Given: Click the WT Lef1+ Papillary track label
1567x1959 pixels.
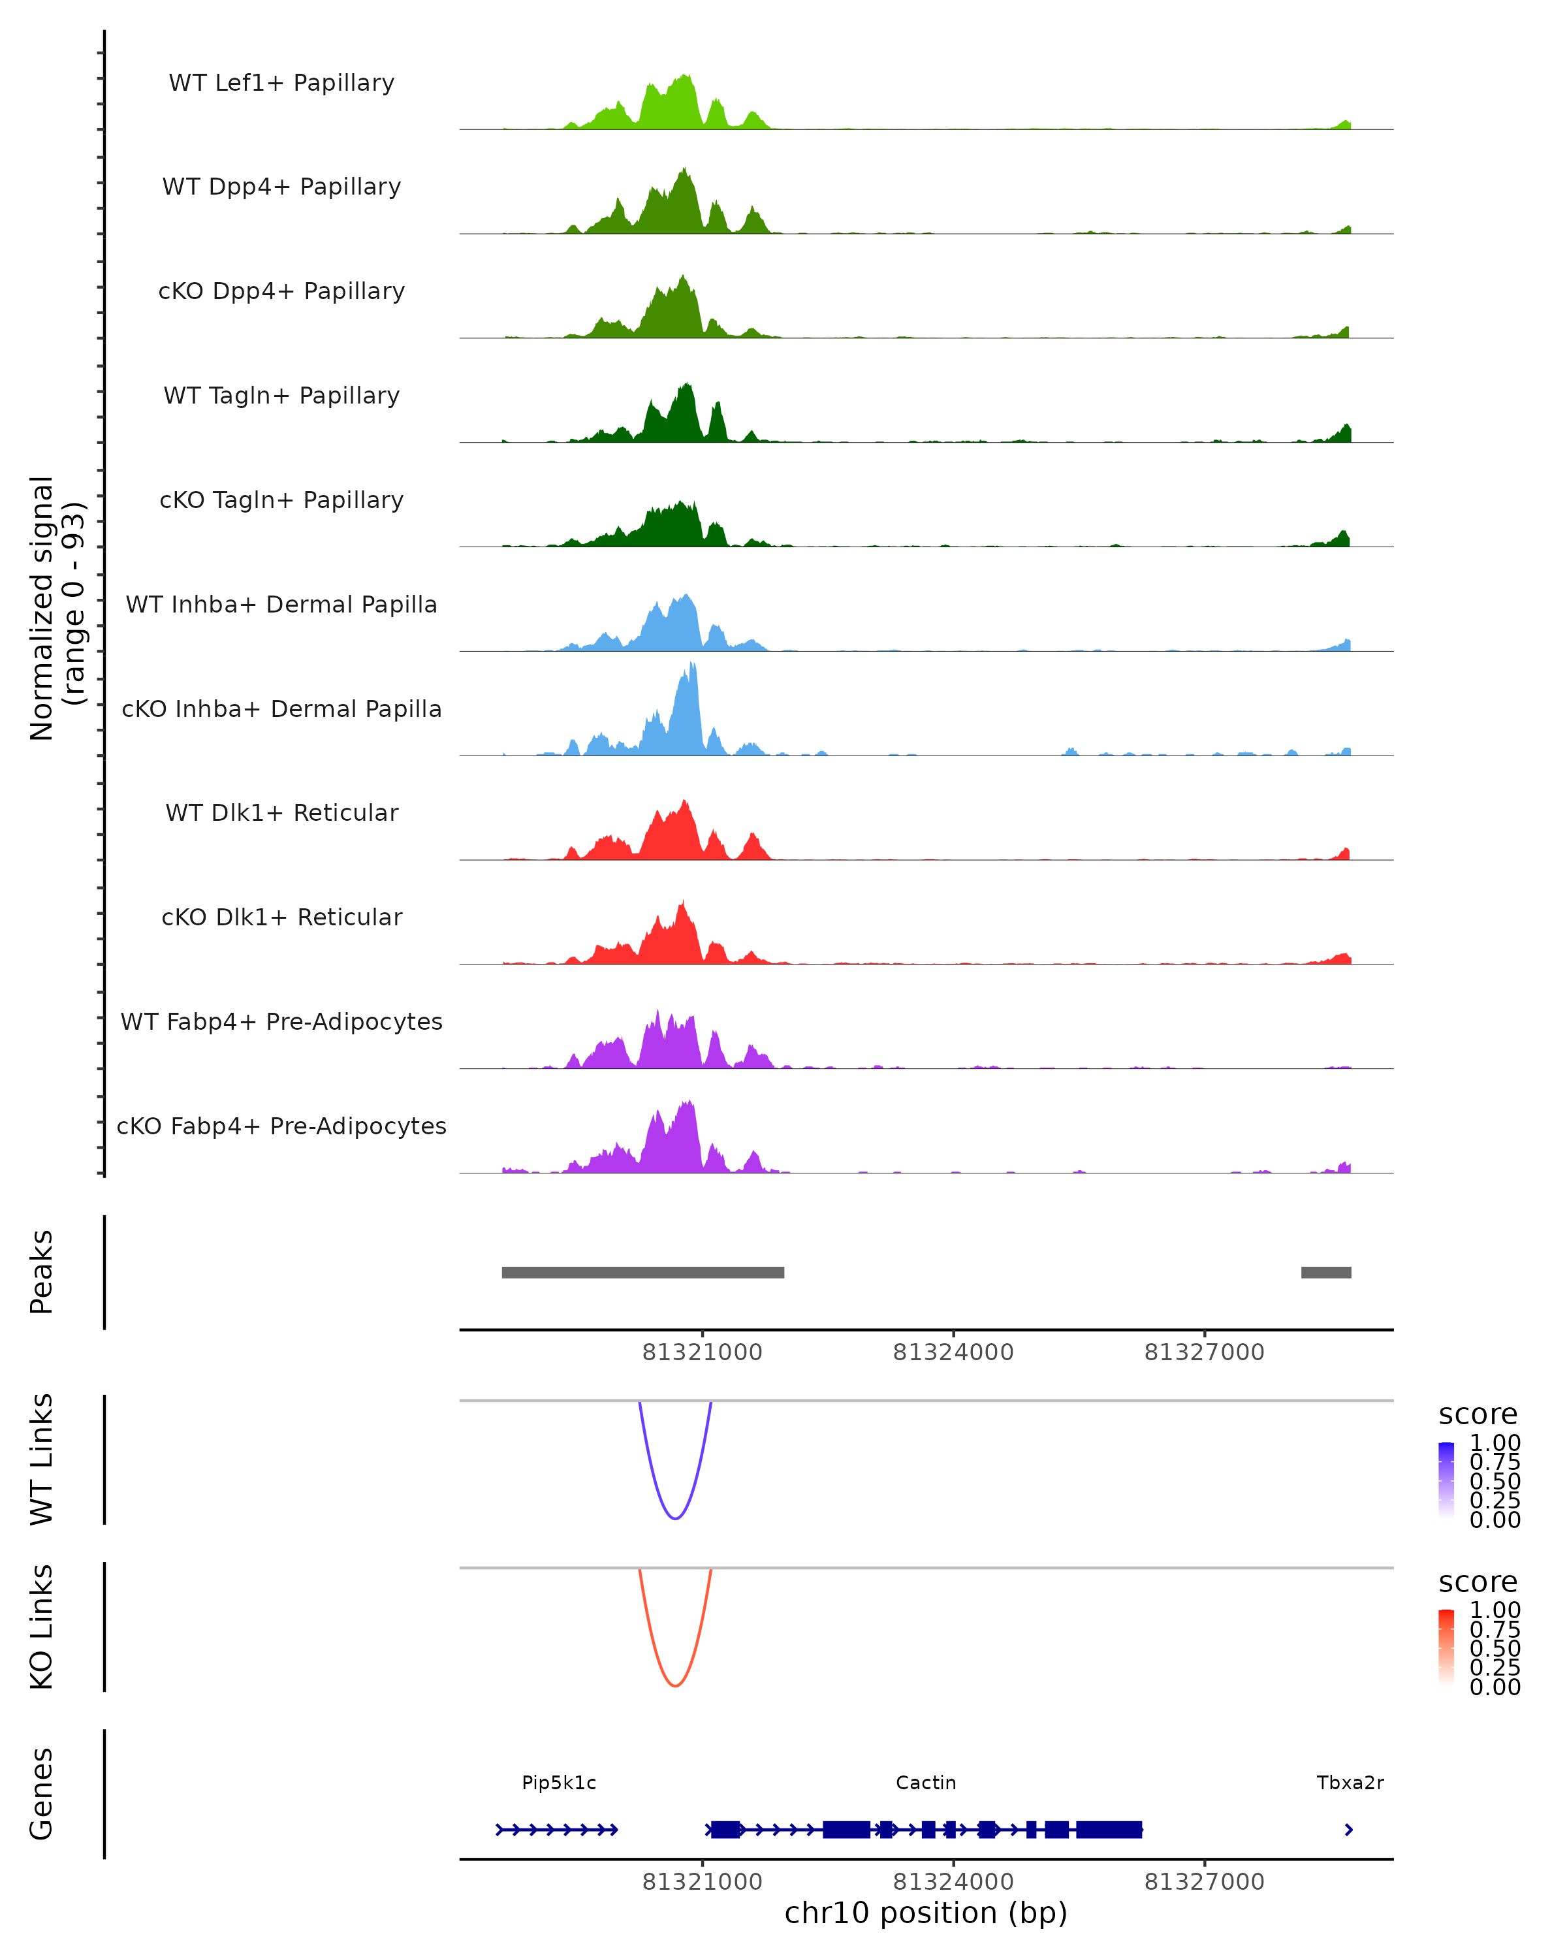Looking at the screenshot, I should [281, 83].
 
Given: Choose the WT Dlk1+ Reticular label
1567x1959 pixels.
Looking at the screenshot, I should [281, 812].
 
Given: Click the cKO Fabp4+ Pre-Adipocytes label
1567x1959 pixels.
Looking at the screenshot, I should [281, 1126].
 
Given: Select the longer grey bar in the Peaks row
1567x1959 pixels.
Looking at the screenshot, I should [642, 1272].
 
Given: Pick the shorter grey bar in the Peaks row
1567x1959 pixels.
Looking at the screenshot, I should [1325, 1272].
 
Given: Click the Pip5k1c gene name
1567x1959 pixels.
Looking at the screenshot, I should [559, 1783].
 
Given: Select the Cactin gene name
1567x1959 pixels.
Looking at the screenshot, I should [926, 1783].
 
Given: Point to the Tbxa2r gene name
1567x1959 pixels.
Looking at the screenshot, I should [1350, 1783].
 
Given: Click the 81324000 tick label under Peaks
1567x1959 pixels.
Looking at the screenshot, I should [953, 1352].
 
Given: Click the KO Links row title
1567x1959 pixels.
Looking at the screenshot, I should [42, 1627].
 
